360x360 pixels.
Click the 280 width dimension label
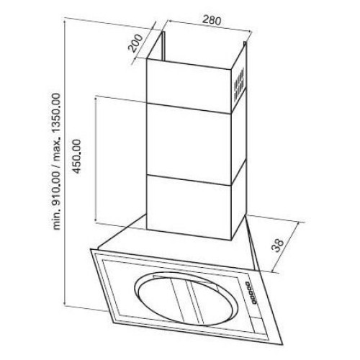211,20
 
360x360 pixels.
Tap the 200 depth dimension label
135,43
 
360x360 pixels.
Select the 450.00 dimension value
77,156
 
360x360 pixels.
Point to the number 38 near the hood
279,245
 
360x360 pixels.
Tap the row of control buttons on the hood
251,293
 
